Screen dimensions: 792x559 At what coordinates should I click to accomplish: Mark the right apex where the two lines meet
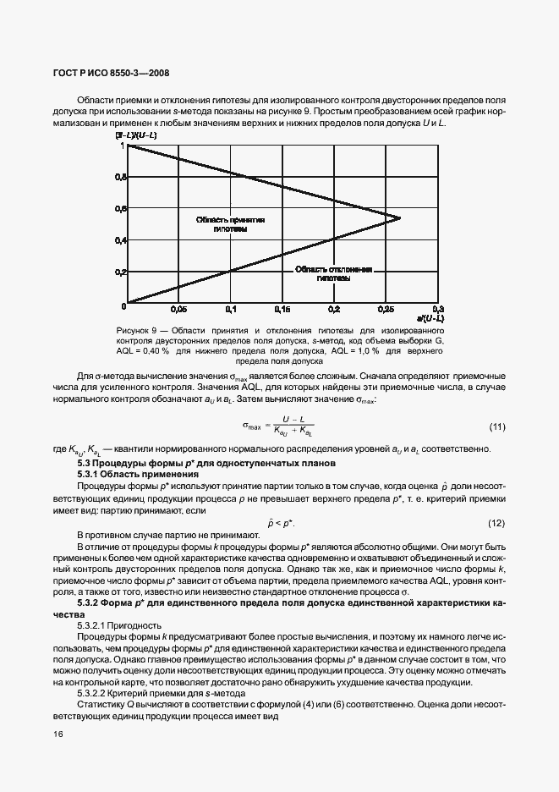400,218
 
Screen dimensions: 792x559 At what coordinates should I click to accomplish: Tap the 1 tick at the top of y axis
123,146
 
